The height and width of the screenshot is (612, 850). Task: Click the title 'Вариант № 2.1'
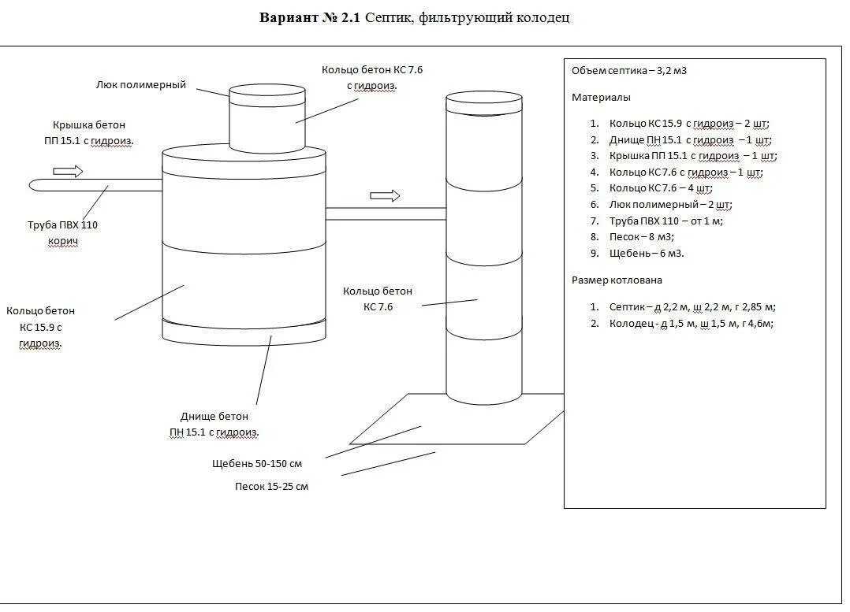pos(310,18)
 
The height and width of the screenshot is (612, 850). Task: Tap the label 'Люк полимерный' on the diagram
pos(141,84)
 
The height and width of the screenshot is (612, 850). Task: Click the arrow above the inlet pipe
pos(69,171)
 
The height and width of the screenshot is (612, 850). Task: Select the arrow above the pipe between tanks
pos(385,195)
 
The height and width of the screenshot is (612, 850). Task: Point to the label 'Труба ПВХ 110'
pos(62,225)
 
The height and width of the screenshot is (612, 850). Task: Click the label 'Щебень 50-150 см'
pos(257,463)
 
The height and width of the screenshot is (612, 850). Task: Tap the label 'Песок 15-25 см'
pos(271,486)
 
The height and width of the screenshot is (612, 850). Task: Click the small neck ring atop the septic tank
pos(267,118)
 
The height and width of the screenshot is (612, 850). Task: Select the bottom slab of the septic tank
pos(244,332)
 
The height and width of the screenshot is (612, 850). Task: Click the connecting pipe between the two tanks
pos(386,213)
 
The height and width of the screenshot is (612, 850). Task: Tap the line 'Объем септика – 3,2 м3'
pos(629,71)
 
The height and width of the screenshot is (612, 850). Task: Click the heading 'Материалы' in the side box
pos(601,98)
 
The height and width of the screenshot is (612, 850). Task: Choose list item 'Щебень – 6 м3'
pos(647,253)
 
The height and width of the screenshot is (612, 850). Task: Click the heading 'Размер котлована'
pos(617,280)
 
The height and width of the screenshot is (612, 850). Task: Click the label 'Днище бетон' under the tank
pos(214,416)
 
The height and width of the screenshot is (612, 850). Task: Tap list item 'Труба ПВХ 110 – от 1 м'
pos(665,221)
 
